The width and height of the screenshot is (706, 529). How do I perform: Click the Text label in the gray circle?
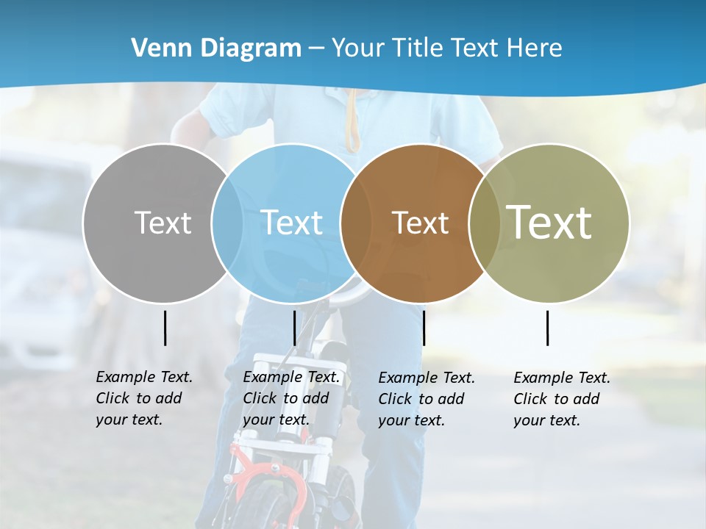(x=163, y=223)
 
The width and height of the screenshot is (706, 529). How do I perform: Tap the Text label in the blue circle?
(x=291, y=223)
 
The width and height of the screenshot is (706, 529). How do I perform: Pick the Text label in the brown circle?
(x=420, y=223)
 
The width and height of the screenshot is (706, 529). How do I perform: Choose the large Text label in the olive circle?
(x=549, y=222)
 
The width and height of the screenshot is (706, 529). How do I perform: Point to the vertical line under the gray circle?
(x=165, y=328)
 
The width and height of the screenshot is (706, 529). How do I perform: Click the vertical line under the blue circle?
(x=294, y=328)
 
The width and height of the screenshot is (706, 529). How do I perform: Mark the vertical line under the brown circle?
(x=424, y=328)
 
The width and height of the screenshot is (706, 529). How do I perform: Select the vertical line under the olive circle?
(x=547, y=328)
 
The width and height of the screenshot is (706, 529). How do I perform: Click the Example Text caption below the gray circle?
(x=143, y=398)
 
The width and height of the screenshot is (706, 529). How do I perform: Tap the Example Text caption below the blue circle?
(x=290, y=398)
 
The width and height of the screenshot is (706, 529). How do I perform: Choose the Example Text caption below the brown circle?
(x=426, y=399)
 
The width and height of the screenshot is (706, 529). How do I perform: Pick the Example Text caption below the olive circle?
(x=561, y=399)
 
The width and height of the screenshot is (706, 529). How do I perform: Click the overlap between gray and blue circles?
(x=227, y=223)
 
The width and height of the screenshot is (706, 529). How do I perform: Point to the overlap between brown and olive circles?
(x=484, y=223)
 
